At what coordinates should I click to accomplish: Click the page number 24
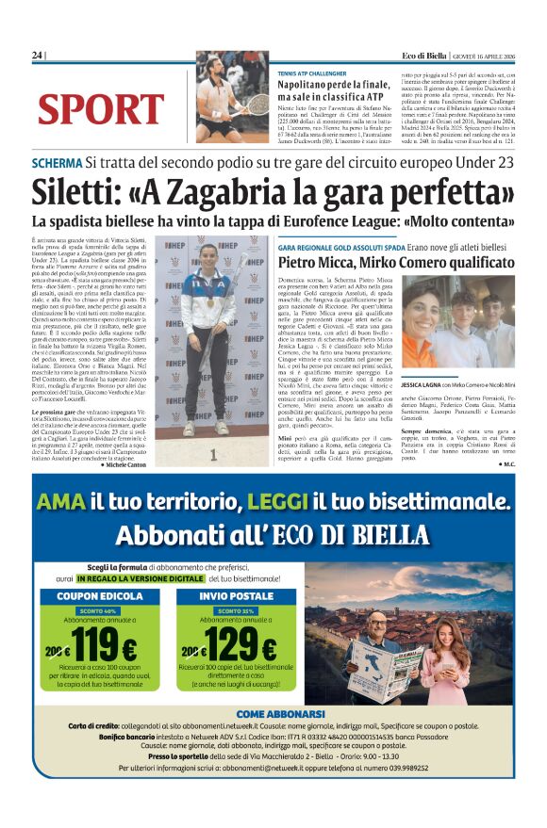click(38, 57)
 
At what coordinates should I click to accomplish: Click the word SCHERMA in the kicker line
click(56, 162)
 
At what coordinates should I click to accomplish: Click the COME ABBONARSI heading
click(273, 714)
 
